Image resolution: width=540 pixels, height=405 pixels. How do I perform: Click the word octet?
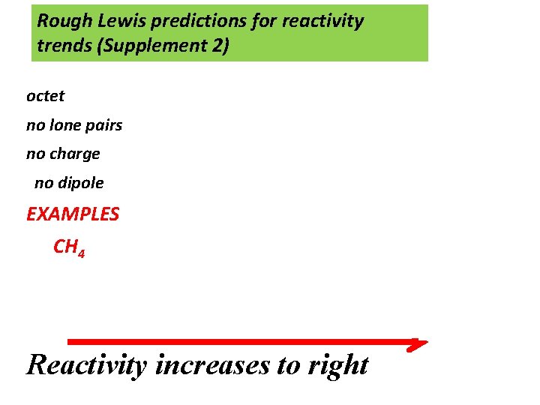pos(45,96)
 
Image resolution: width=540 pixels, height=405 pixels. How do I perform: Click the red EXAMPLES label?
pos(73,214)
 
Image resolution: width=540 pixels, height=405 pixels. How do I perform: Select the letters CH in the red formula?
pos(64,246)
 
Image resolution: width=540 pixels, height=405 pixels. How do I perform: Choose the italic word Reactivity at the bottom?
pos(88,365)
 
